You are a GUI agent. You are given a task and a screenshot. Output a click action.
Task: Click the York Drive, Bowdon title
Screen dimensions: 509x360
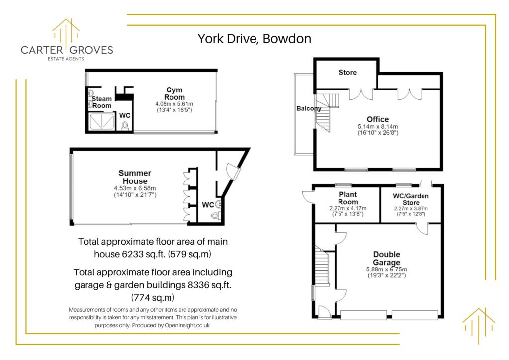click(254, 39)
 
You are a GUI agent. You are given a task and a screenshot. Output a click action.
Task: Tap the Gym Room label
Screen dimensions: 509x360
click(174, 93)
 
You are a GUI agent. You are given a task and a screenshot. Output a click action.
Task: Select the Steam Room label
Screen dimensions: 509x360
click(101, 102)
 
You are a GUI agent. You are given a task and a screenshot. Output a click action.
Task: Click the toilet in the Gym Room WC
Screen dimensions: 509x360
click(125, 126)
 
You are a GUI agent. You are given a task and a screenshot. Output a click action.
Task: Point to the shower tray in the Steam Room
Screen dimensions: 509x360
click(102, 122)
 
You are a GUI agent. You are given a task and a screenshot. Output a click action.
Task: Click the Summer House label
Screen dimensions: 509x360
click(135, 177)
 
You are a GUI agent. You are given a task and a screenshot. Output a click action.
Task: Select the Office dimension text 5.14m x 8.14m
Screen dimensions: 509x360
click(378, 127)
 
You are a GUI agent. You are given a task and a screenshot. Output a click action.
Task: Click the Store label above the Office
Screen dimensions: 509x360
click(347, 72)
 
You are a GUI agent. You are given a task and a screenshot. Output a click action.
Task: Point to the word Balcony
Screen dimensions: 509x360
click(309, 108)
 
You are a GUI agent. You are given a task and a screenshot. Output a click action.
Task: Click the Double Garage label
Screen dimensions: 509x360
click(386, 258)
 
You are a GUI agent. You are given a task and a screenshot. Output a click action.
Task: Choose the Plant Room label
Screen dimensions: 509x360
click(348, 198)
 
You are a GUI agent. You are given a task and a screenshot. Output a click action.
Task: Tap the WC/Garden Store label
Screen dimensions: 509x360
click(411, 199)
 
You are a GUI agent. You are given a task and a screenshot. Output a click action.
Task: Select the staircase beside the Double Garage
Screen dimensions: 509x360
click(322, 266)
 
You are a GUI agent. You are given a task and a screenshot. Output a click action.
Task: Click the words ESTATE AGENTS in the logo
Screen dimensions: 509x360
click(66, 59)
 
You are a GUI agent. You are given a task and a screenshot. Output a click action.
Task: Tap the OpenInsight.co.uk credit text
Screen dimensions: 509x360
click(187, 325)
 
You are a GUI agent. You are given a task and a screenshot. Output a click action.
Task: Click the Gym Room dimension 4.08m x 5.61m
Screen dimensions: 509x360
click(174, 104)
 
